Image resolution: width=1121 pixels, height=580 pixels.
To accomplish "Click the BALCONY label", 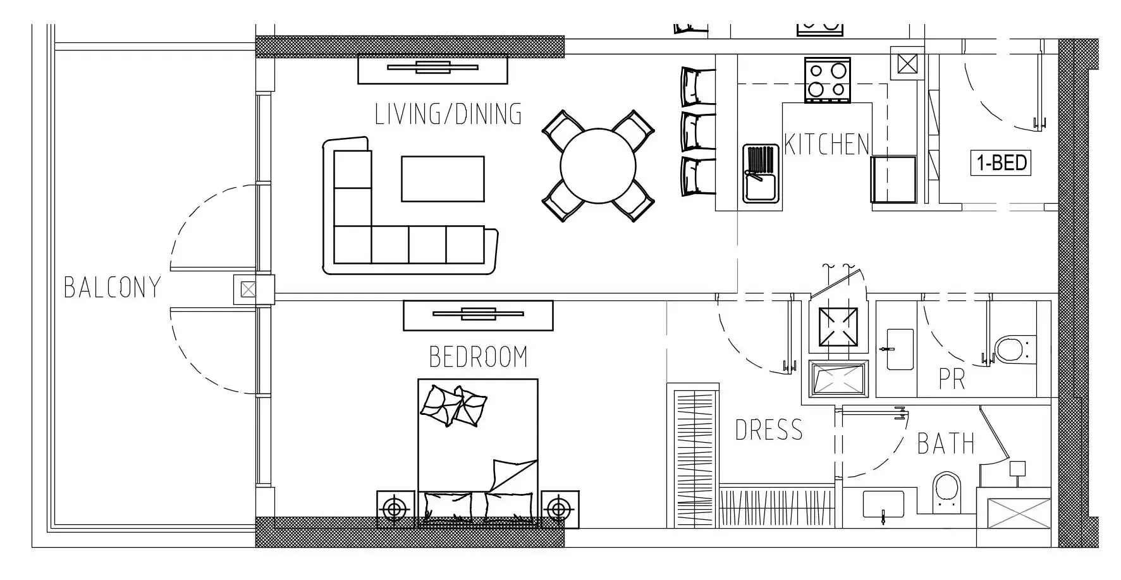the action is (x=113, y=287).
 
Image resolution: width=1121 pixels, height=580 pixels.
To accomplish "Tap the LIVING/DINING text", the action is (x=448, y=114).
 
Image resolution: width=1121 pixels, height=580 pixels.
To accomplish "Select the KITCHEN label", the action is (x=827, y=144).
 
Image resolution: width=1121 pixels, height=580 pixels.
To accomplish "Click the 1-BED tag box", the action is (x=1001, y=163).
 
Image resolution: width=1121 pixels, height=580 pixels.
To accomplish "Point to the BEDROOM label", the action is (x=478, y=357).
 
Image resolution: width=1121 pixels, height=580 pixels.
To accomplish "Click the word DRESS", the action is (x=769, y=430).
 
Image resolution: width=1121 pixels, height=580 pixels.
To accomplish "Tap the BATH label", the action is (x=946, y=443).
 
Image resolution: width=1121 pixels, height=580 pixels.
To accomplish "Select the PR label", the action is (x=952, y=379).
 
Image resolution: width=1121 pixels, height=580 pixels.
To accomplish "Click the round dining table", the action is (x=597, y=166).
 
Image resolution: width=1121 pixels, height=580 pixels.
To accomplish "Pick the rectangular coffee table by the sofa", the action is (x=443, y=179).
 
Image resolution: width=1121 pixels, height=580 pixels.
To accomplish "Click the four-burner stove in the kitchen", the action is (x=828, y=80).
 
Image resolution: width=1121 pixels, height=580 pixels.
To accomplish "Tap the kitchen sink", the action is (x=762, y=173).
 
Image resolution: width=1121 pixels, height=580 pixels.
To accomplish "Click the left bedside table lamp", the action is (x=395, y=509).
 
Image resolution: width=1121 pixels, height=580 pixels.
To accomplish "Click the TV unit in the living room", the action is (x=433, y=69).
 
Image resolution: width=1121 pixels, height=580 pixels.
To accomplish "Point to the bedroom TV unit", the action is (x=478, y=315).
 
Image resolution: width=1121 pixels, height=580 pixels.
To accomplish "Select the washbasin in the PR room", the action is (x=900, y=349).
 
